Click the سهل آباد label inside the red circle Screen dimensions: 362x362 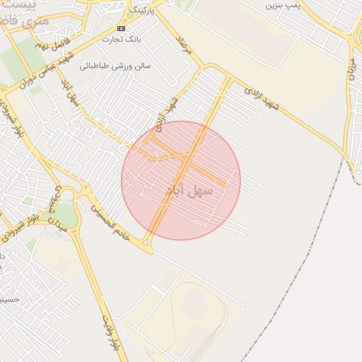185,189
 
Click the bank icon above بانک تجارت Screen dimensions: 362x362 120,28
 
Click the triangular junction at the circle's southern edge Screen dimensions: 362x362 147,244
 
